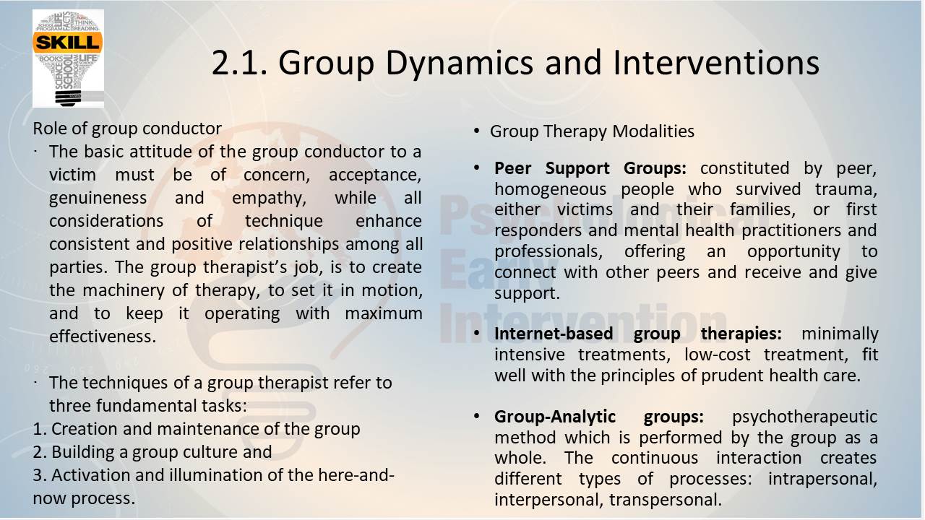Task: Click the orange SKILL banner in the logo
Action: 68,43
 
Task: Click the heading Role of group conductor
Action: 127,129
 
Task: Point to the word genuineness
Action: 98,199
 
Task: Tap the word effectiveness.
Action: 103,337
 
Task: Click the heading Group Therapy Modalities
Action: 592,132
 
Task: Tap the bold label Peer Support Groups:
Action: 590,169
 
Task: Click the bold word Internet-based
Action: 554,334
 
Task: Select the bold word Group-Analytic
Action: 554,417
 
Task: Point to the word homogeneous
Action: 550,190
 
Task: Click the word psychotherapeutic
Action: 804,417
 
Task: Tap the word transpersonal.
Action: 665,500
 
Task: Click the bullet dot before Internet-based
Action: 476,333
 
